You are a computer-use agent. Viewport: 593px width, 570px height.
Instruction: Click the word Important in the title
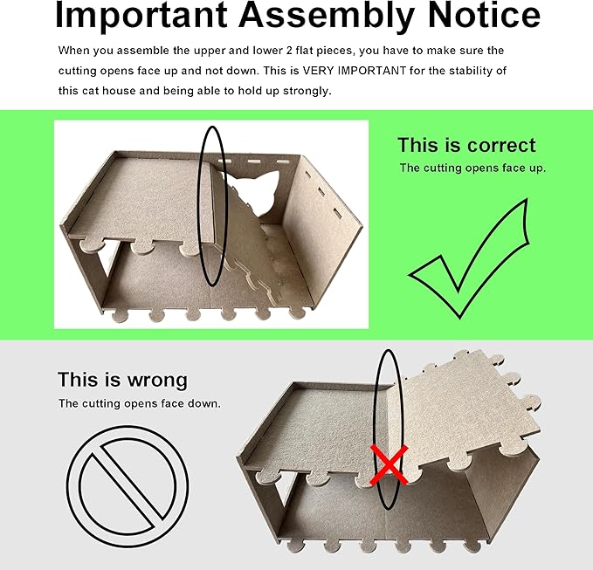(141, 15)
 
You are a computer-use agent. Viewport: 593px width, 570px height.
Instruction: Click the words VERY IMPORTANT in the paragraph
(355, 71)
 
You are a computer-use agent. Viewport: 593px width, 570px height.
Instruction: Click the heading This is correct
(466, 145)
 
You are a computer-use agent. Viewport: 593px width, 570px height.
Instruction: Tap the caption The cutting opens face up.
(472, 168)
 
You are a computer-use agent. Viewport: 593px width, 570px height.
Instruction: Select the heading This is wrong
(122, 380)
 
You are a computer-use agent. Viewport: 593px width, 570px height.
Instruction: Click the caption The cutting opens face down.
(139, 403)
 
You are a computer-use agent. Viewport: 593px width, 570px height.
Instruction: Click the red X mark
(390, 464)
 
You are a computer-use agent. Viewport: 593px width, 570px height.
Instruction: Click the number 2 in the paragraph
(289, 51)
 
